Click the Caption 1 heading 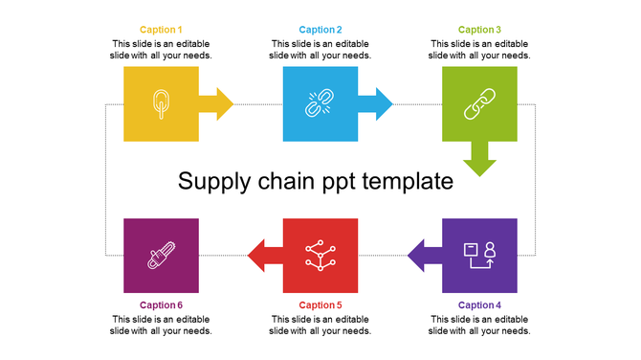(x=161, y=31)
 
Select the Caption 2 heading (x=320, y=31)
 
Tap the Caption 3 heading (x=479, y=31)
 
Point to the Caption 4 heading (x=479, y=305)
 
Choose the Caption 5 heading (x=320, y=305)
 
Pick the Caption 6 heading (x=161, y=305)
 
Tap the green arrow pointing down (x=479, y=159)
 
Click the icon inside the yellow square (x=161, y=103)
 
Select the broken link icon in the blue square (x=319, y=103)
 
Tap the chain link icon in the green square (x=478, y=103)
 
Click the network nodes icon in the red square (x=320, y=256)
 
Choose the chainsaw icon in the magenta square (x=161, y=256)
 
